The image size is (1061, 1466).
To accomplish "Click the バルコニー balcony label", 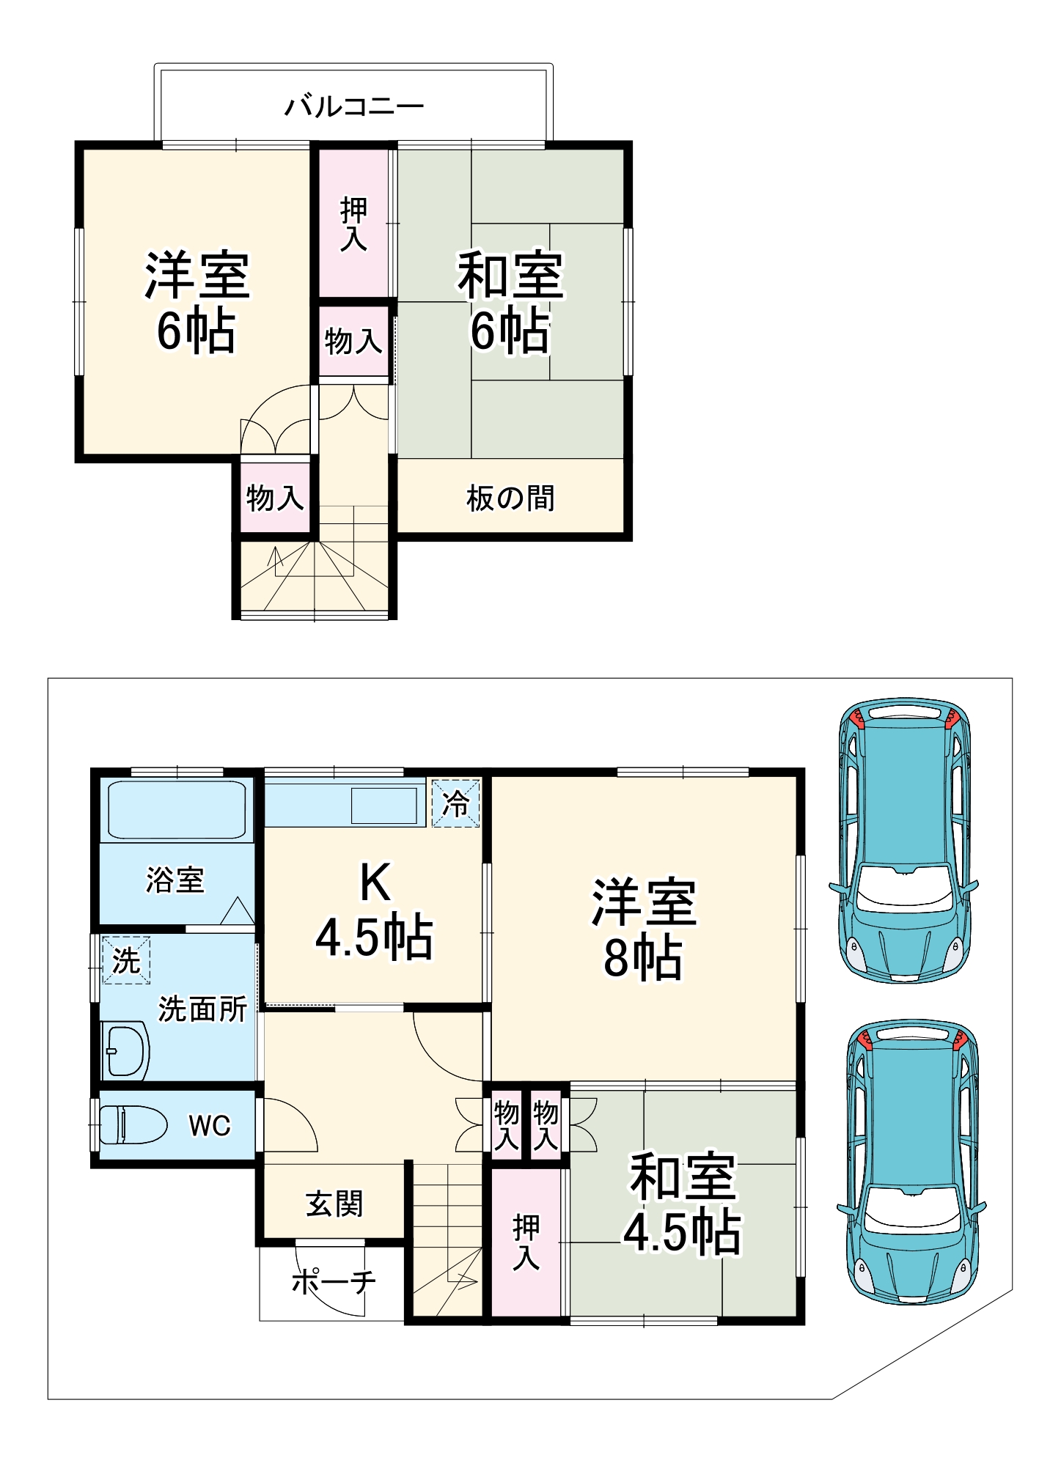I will pos(354,107).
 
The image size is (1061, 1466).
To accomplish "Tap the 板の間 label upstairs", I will pos(510,498).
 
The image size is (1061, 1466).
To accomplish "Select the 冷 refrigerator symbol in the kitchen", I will pos(455,804).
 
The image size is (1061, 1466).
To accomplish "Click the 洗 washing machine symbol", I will pos(126,959).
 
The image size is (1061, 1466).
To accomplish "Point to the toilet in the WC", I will pos(132,1124).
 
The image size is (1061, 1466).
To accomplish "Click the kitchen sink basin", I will pos(383,806).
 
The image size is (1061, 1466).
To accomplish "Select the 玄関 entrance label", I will pos(334,1204).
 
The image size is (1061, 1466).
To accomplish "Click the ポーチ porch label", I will pos(334,1281).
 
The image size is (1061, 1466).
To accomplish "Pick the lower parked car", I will pos(911,1161).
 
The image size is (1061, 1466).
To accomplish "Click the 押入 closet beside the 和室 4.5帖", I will pos(526,1242).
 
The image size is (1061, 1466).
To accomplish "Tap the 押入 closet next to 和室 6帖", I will pos(353,224).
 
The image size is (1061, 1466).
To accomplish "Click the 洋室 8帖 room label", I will pos(644,929).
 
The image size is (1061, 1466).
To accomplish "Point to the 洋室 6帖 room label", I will pos(197,303).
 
